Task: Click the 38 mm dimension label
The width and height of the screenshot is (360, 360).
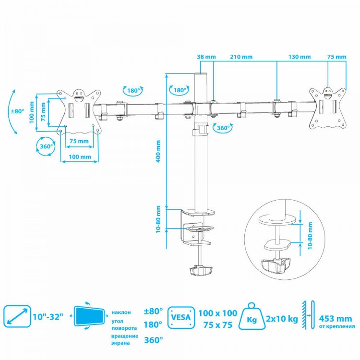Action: (x=206, y=57)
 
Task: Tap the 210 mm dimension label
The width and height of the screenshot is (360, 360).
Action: (x=241, y=57)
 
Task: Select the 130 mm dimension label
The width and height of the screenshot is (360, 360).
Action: (x=300, y=57)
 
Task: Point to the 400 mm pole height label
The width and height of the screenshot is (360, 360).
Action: (x=158, y=152)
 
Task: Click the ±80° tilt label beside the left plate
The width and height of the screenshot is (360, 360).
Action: (x=17, y=111)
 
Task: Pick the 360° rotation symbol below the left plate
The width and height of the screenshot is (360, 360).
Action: (x=46, y=146)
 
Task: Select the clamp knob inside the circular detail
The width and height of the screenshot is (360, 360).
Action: (x=276, y=265)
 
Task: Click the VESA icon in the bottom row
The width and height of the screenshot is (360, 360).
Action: (x=181, y=318)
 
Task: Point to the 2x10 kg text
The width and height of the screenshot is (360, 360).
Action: (x=282, y=319)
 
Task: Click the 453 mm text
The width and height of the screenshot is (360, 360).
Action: (x=335, y=319)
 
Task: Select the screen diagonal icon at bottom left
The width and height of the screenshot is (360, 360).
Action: (x=17, y=316)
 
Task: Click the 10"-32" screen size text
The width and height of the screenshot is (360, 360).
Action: (x=48, y=317)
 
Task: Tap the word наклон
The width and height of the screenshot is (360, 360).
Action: (x=121, y=312)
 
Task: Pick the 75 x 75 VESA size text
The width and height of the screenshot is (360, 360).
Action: (x=217, y=325)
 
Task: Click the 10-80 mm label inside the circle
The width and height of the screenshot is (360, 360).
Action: (x=310, y=235)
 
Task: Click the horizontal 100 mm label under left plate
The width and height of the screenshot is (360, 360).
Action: (x=80, y=157)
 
